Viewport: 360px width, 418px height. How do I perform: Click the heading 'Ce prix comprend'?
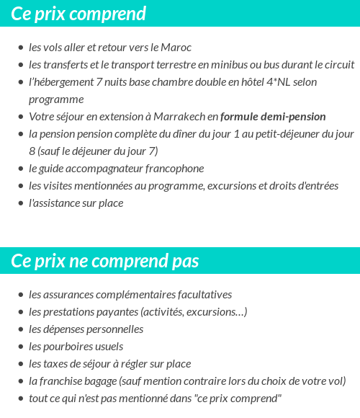(78, 14)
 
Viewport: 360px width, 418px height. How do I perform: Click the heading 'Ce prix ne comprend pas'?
(105, 261)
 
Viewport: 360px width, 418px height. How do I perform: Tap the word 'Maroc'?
(176, 48)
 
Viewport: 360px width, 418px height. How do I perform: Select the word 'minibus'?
(234, 65)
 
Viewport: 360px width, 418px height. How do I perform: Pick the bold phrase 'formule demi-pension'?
(273, 117)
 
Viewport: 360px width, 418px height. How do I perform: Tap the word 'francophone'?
(175, 169)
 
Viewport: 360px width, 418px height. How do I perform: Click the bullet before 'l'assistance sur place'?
(20, 204)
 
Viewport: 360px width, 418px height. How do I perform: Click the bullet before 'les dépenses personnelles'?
(20, 330)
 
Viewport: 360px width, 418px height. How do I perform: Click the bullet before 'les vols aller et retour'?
(20, 48)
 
